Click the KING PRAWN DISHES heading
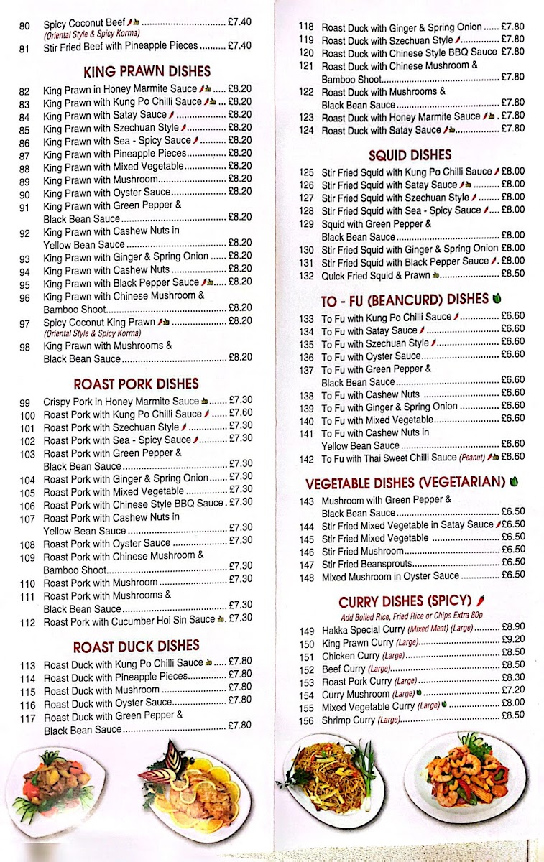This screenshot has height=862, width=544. tap(147, 71)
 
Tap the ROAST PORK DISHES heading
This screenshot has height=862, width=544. tap(136, 384)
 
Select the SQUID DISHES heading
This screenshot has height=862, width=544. tap(410, 154)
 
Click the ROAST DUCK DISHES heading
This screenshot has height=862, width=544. tap(136, 646)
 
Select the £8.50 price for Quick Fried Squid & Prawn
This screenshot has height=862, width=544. tap(512, 274)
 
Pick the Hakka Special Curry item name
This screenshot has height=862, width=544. tap(364, 629)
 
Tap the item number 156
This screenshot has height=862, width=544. tap(307, 720)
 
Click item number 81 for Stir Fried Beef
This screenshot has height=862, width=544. tap(25, 49)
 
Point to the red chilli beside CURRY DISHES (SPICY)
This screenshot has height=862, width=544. tap(480, 600)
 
